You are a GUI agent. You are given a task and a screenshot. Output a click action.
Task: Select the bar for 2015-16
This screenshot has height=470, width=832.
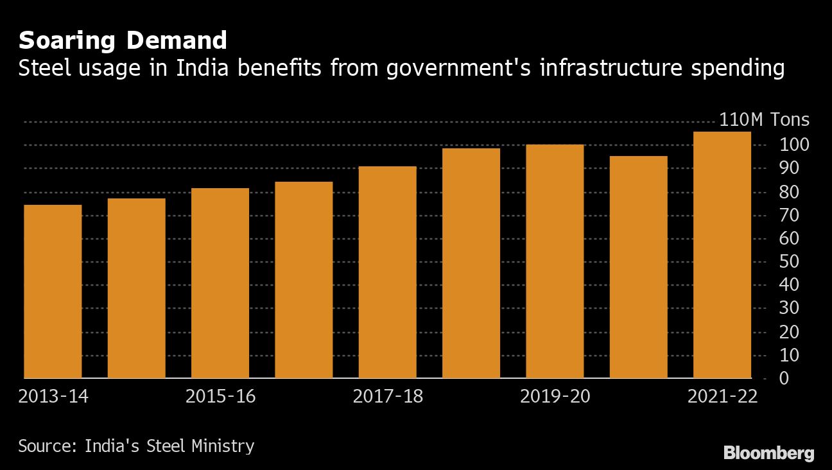click(x=220, y=283)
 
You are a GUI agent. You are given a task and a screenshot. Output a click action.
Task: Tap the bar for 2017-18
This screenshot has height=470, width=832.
click(x=388, y=272)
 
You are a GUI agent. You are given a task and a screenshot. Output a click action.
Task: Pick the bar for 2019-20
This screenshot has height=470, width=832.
click(x=555, y=261)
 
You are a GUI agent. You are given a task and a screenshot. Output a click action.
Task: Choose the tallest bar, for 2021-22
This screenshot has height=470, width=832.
click(x=722, y=255)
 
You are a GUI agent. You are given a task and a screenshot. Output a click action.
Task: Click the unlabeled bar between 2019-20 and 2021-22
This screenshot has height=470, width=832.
click(x=638, y=267)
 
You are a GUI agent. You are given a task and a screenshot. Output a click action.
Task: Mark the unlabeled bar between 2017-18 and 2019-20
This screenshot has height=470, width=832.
click(x=471, y=263)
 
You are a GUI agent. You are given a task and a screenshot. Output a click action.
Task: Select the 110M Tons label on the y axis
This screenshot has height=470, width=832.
click(x=764, y=120)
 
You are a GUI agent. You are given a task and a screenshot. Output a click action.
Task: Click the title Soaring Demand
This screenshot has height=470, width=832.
click(x=123, y=41)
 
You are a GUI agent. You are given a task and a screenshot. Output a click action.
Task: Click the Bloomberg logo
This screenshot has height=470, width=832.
click(x=768, y=453)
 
